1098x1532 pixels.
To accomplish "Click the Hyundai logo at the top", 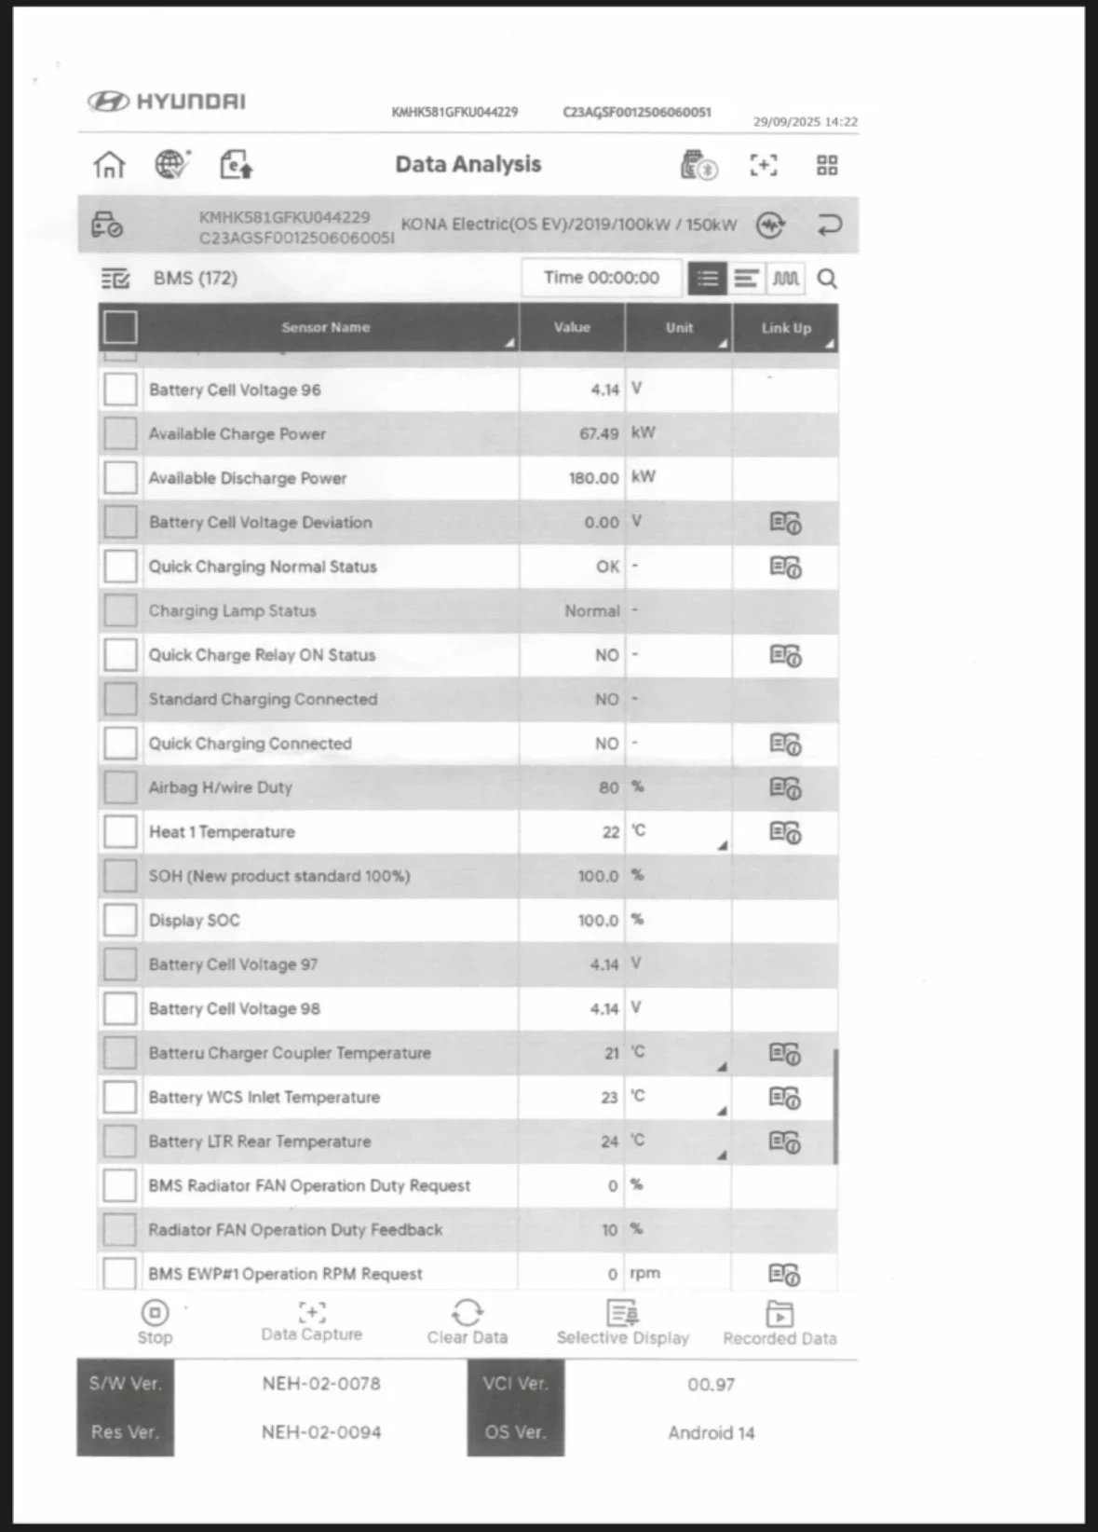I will [167, 102].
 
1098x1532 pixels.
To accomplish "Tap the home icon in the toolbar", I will [109, 165].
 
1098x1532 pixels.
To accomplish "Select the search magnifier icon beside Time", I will [826, 279].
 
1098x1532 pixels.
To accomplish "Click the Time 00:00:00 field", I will [602, 278].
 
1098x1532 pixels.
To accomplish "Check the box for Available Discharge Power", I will [120, 478].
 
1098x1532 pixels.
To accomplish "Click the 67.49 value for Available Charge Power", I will [599, 433].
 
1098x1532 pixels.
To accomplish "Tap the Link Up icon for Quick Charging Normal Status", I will [785, 567].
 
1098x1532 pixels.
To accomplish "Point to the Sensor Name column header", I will [326, 327].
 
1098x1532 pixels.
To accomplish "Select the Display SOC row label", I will [195, 921].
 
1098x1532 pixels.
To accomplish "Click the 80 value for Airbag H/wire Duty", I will [608, 787].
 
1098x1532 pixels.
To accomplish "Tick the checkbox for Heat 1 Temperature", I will [120, 831].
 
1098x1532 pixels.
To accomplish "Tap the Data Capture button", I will [311, 1322].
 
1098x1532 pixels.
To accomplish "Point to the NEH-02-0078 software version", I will [321, 1384].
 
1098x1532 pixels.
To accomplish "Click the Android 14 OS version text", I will [711, 1433].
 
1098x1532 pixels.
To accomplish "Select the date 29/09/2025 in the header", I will [786, 122].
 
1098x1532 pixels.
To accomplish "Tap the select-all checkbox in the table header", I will [120, 327].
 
